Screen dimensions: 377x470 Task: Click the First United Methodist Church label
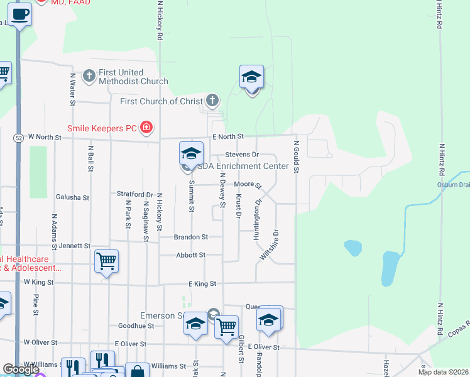point(133,77)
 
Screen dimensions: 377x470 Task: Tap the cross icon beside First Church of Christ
point(213,100)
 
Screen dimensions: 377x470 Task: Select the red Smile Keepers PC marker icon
point(146,128)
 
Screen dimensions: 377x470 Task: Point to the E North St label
point(227,136)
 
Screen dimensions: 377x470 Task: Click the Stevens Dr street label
point(242,154)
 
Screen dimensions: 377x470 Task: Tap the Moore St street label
point(248,184)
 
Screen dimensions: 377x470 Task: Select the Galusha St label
point(73,197)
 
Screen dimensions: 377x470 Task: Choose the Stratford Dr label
point(135,194)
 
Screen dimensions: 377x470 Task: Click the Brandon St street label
point(192,237)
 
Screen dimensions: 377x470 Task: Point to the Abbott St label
point(191,254)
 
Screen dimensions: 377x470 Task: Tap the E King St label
point(202,284)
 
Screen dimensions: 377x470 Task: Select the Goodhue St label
point(132,326)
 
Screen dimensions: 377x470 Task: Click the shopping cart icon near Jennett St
point(106,260)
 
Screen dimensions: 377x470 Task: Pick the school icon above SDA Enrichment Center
point(191,153)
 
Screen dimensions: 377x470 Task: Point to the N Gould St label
point(295,157)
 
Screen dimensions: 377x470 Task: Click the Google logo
point(21,369)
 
